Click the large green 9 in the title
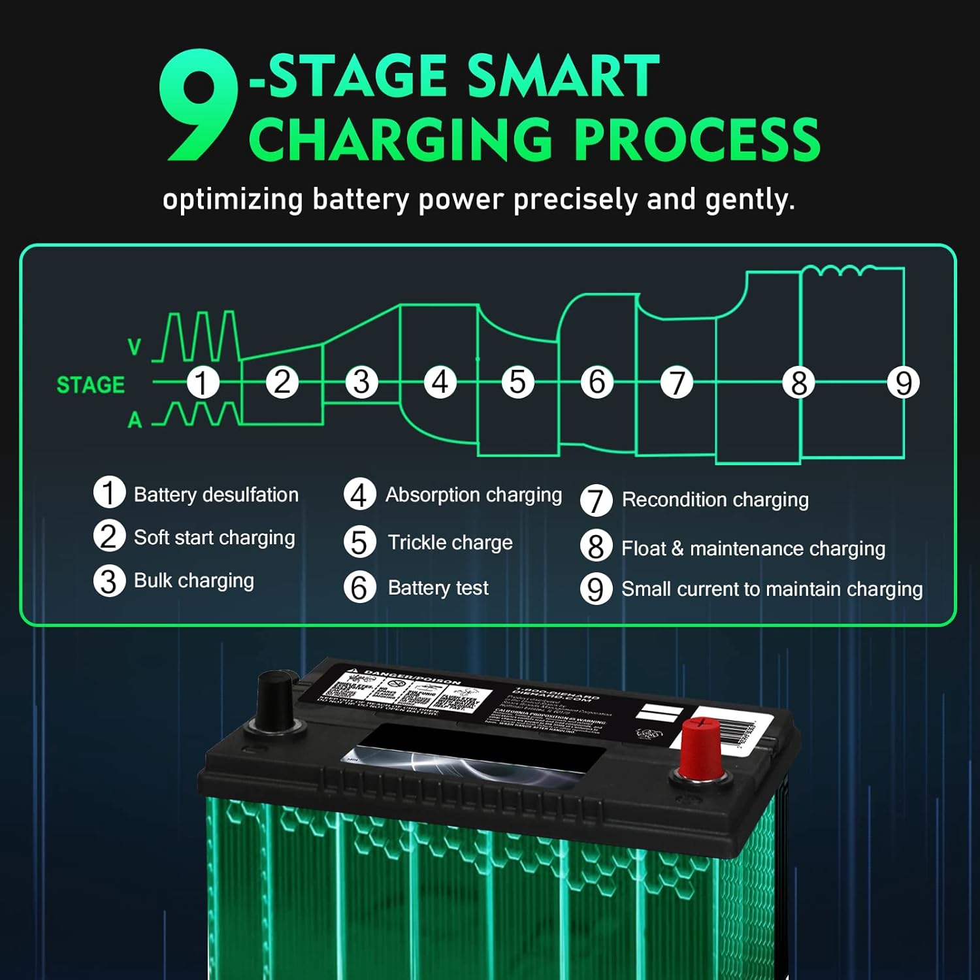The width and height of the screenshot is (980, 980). tap(198, 108)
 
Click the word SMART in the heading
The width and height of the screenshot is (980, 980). tap(563, 76)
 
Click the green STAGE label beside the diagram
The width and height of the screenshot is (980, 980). tap(91, 385)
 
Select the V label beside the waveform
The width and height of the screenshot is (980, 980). tap(135, 347)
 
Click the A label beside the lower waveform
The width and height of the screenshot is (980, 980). tap(135, 420)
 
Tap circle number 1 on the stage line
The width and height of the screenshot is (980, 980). tap(202, 383)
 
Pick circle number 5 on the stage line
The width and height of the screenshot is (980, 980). tap(517, 383)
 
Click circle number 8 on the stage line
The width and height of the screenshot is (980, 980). tap(798, 383)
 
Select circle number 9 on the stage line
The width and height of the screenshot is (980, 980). tap(903, 383)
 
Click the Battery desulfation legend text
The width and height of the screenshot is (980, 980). tap(216, 495)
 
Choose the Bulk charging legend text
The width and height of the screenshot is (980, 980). tap(193, 580)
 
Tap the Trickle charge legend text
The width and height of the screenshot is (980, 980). tap(450, 542)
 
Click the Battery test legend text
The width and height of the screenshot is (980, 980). tap(438, 587)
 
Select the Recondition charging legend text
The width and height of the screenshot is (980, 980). tap(715, 500)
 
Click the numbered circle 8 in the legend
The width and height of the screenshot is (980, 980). tap(596, 547)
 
